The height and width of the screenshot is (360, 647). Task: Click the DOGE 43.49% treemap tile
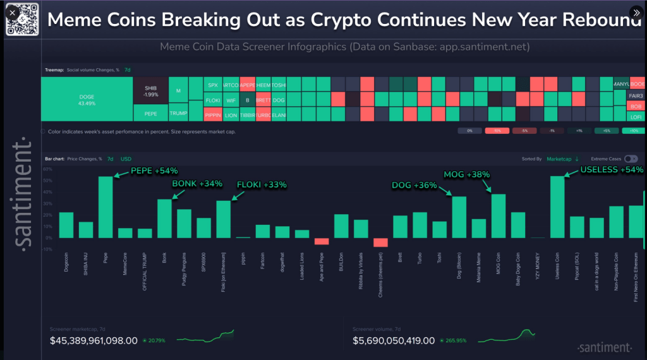coord(87,99)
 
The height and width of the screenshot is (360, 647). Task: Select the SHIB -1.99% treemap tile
coord(150,91)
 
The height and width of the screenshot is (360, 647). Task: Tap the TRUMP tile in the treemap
coord(178,113)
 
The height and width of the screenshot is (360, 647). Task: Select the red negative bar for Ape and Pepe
coord(322,241)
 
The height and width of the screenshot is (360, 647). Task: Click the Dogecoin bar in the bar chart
coord(66,225)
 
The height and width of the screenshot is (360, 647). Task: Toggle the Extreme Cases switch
coord(631,159)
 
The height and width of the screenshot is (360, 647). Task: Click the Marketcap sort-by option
coord(562,159)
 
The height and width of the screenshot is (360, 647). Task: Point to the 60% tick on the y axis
coord(47,170)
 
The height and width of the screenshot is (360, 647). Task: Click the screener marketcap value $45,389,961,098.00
coord(93,341)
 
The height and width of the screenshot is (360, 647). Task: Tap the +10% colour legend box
coord(632,131)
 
